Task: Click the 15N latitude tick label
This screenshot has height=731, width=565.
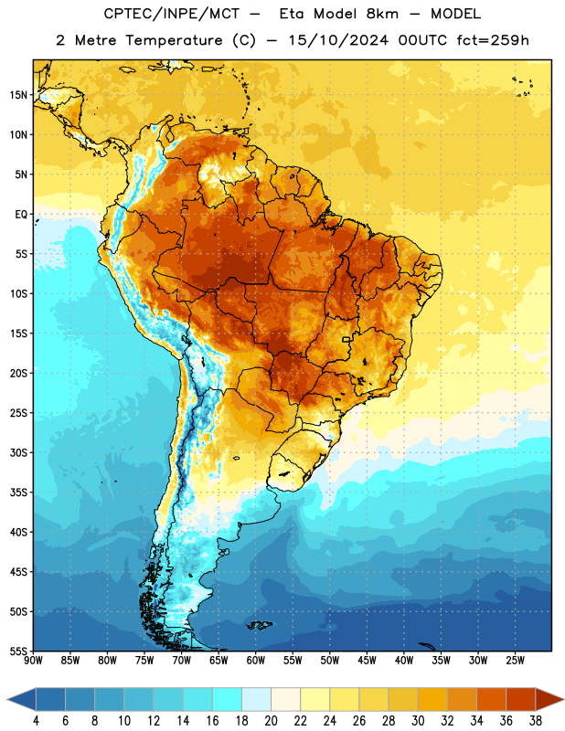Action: [x=18, y=95]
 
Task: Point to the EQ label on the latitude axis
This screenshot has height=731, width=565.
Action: [x=21, y=215]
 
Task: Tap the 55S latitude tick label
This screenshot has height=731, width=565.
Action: [x=18, y=652]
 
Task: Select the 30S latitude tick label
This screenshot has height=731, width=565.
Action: [x=18, y=452]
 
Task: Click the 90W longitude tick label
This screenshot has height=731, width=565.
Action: [x=33, y=661]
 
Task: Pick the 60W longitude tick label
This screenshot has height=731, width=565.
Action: [x=256, y=661]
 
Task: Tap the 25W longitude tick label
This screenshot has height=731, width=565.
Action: [x=515, y=661]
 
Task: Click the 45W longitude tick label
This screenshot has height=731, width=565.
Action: [x=367, y=661]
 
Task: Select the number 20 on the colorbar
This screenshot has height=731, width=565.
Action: [x=271, y=721]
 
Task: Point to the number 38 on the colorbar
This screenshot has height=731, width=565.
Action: [x=536, y=721]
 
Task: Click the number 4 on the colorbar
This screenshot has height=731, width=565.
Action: [x=36, y=721]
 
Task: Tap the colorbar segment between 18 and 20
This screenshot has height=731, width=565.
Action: [x=256, y=699]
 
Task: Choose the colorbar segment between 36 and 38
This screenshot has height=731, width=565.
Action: [x=521, y=699]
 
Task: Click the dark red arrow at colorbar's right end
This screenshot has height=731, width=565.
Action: [x=549, y=699]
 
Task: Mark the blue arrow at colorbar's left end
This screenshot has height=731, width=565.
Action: [x=21, y=699]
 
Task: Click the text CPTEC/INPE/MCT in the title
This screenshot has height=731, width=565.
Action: [x=172, y=14]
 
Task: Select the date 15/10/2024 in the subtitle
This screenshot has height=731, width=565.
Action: [x=338, y=40]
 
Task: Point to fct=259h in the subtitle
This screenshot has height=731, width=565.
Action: [x=493, y=40]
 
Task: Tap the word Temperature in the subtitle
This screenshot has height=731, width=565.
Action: [x=174, y=40]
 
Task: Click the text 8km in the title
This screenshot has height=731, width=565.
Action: [x=382, y=14]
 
